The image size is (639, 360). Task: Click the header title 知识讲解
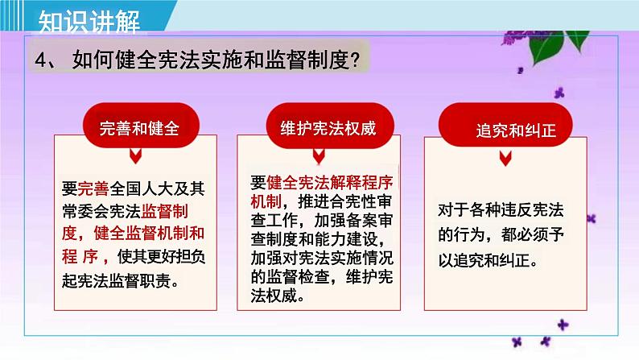[x=89, y=21]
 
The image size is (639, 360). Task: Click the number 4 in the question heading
[x=41, y=60]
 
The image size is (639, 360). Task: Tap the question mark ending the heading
[x=355, y=60]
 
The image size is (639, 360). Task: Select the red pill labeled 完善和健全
[x=141, y=125]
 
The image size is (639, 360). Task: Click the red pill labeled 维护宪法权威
[x=330, y=125]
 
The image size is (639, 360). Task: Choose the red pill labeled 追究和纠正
[x=505, y=125]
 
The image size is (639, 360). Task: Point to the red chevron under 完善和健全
[x=136, y=155]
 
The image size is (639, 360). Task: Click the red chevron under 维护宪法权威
[x=319, y=155]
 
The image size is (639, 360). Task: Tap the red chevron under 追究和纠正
[x=505, y=158]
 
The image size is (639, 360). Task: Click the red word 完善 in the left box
[x=93, y=188]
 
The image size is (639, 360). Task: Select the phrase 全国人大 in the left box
[x=141, y=188]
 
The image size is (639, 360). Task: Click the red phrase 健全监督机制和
[x=149, y=234]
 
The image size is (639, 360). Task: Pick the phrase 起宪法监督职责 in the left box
[x=116, y=280]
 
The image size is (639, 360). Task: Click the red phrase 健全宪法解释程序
[x=330, y=183]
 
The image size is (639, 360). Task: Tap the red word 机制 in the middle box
[x=266, y=201]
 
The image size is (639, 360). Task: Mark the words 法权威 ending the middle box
[x=274, y=296]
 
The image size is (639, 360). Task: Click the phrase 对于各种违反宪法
[x=501, y=210]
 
